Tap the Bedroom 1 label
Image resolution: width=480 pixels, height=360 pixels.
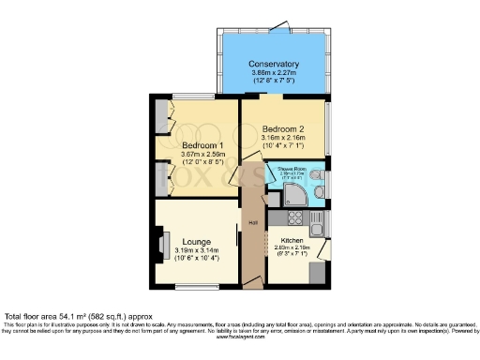pyautogui.click(x=202, y=144)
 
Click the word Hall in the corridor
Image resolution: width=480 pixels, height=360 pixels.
pyautogui.click(x=253, y=222)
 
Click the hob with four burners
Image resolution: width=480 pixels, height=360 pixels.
pyautogui.click(x=293, y=219)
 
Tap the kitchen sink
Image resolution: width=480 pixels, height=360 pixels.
pyautogui.click(x=318, y=225)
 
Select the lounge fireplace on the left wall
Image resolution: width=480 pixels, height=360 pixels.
pyautogui.click(x=162, y=246)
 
